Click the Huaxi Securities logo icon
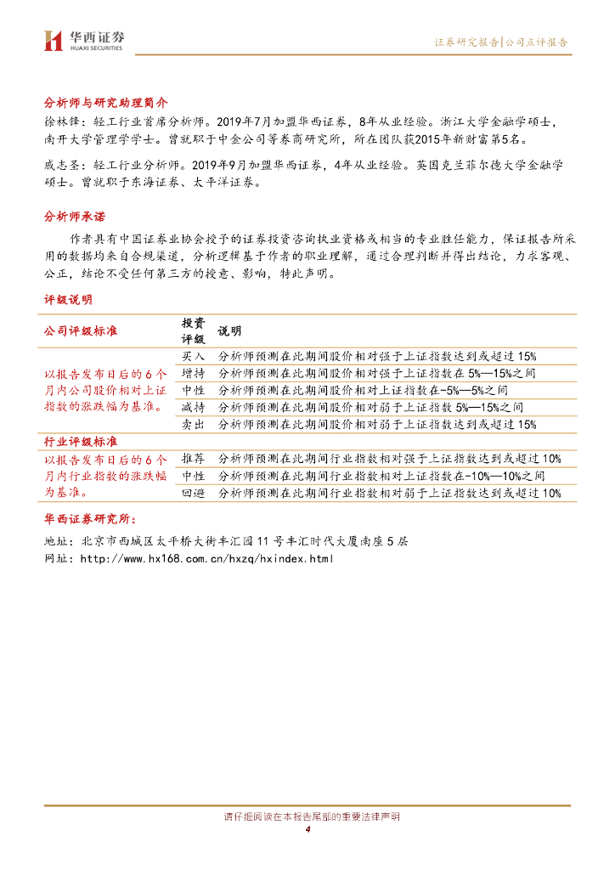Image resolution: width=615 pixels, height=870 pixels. [x=54, y=40]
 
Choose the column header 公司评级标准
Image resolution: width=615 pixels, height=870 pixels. [x=81, y=330]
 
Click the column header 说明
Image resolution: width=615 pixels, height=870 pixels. [x=229, y=330]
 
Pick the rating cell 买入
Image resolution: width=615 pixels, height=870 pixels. [x=193, y=356]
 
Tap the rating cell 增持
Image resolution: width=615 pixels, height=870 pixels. [x=193, y=373]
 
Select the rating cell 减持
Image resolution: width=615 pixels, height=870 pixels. [x=193, y=407]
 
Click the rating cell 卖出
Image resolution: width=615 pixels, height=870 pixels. [x=193, y=424]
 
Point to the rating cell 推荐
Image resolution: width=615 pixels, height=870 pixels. [x=193, y=460]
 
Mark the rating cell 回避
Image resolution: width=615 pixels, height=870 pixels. [x=193, y=493]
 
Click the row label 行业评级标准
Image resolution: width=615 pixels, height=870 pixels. [x=81, y=442]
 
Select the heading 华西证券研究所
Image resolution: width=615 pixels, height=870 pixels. [x=93, y=519]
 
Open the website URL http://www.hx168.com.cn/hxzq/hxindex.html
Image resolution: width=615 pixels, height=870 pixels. [x=206, y=558]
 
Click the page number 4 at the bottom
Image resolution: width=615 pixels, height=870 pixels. [x=307, y=829]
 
